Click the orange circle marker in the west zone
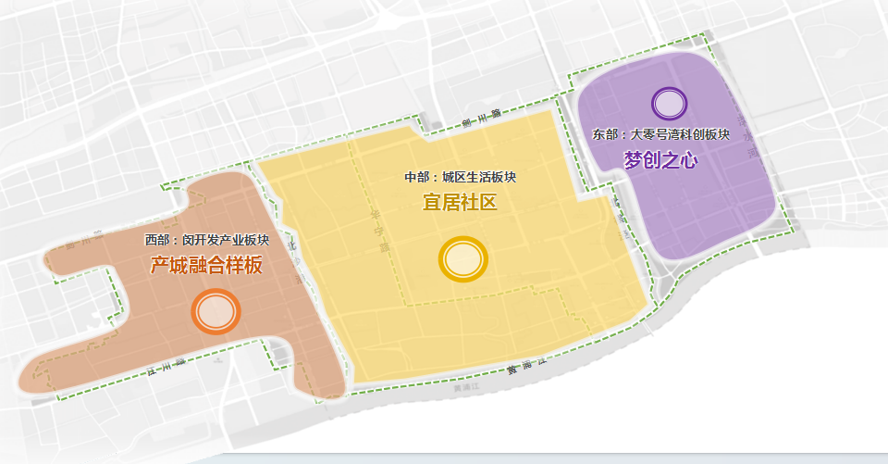(216, 312)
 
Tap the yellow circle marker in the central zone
(462, 259)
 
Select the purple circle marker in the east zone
(670, 102)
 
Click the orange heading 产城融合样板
(206, 266)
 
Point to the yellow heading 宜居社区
(460, 202)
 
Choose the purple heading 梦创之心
(660, 159)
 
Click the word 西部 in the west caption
(157, 240)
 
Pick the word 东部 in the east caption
(605, 135)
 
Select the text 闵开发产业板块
(226, 240)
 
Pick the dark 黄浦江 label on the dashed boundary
(523, 368)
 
